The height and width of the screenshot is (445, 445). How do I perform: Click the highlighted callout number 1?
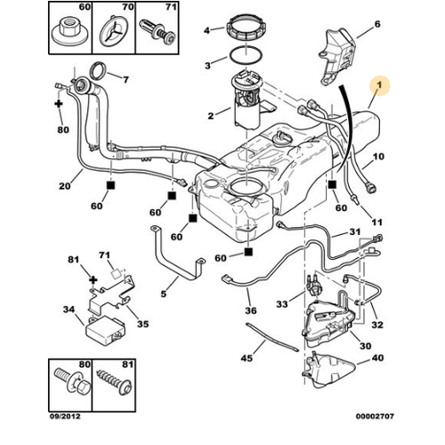pos(379,85)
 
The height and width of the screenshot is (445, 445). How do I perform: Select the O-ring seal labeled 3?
pos(246,55)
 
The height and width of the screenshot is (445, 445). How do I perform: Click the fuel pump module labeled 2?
pos(247,100)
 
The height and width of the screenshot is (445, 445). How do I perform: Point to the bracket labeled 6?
pos(337,56)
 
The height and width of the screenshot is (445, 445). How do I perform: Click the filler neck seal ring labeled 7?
pos(98,71)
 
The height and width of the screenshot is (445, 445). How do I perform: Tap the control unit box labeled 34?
pos(105,330)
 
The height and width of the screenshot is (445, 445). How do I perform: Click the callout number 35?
pos(142,324)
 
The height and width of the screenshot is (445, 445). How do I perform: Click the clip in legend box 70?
pos(114,33)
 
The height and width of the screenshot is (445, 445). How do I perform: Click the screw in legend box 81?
pos(114,383)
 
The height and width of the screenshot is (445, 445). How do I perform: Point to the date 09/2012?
pos(65,417)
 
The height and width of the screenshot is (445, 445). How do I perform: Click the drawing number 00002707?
pos(375,417)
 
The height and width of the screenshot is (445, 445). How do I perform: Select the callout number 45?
pos(247,358)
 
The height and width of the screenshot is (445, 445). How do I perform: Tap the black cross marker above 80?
pos(59,104)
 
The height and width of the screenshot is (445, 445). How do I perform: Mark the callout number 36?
pos(251,311)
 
